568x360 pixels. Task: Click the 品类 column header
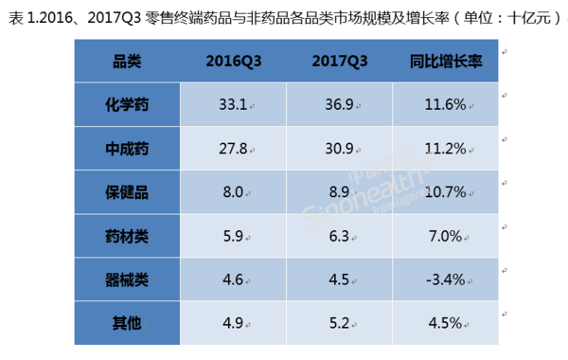(x=126, y=62)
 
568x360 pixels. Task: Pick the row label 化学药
(x=126, y=101)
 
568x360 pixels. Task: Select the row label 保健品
(x=126, y=191)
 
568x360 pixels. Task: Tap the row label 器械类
(x=126, y=279)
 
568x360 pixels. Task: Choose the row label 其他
(x=126, y=323)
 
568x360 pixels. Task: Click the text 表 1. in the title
(x=21, y=13)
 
